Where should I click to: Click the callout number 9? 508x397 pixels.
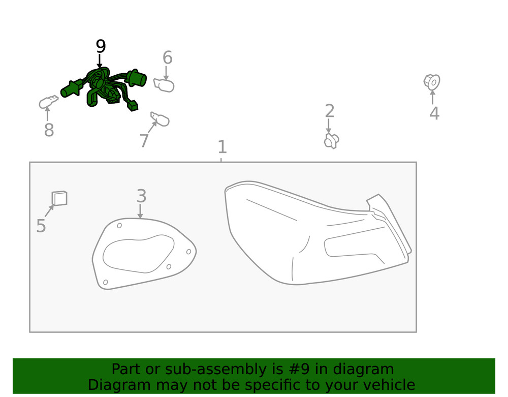101,47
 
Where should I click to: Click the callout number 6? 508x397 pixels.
167,58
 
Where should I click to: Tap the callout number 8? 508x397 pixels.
49,131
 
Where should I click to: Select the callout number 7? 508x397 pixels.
144,141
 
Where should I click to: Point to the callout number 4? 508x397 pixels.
434,113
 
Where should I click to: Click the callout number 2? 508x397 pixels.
329,111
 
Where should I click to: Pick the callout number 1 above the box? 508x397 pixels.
222,147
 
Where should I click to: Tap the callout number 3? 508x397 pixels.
141,196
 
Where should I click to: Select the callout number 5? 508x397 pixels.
41,226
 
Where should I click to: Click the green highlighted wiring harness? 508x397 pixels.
104,87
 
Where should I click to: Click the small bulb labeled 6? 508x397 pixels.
165,85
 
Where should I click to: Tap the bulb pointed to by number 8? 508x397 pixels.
47,102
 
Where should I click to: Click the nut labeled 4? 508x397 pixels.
432,82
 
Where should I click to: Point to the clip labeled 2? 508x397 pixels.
331,141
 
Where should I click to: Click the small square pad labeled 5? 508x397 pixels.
59,198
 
